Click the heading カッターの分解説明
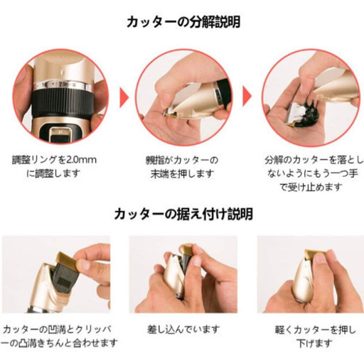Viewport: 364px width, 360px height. (183, 21)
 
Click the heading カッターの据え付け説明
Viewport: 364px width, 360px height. (183, 213)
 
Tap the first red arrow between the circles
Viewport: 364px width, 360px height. (124, 96)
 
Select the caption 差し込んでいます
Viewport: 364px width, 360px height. (182, 330)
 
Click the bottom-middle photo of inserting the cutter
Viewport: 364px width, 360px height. (182, 274)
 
